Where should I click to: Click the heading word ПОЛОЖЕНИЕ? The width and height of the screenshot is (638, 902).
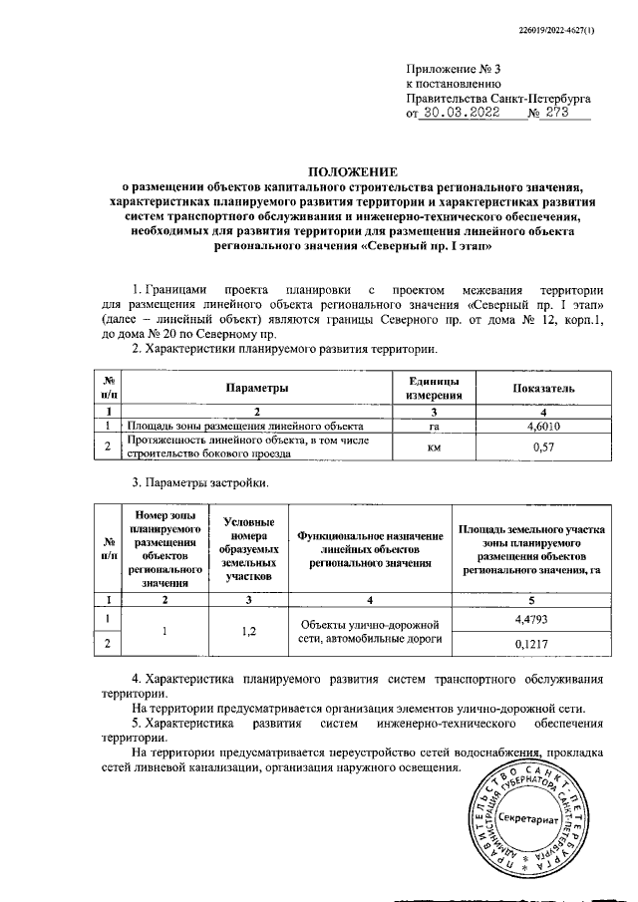350,170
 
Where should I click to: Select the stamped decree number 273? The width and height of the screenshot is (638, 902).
565,114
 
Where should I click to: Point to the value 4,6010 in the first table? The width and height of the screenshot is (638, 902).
543,426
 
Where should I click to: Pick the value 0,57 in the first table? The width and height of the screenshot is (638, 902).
543,449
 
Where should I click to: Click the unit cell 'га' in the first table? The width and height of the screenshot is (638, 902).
434,426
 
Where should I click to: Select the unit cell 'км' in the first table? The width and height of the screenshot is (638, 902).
434,449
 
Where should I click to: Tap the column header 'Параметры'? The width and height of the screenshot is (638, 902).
256,387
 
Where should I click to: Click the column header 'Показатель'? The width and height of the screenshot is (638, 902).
543,387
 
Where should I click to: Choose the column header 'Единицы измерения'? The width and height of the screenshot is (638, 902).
434,387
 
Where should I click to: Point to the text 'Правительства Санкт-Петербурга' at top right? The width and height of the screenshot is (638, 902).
498,99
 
